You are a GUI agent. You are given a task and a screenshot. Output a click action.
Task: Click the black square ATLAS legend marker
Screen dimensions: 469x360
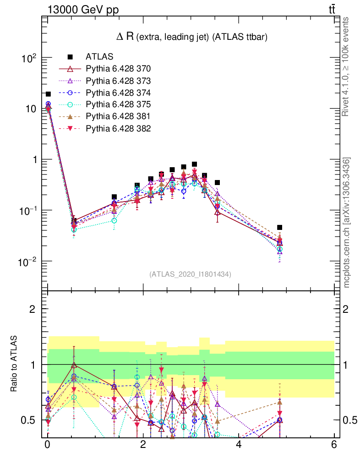70,57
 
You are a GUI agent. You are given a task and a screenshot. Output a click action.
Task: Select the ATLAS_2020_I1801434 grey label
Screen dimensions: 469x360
190,274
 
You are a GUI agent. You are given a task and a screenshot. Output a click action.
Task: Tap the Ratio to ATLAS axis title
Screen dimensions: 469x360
15,364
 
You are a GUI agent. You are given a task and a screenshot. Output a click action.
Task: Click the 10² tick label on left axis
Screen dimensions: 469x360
29,58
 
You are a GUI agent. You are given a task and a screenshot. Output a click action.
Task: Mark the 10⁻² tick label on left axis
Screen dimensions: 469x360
28,261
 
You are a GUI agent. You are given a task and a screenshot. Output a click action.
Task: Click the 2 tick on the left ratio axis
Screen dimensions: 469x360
33,309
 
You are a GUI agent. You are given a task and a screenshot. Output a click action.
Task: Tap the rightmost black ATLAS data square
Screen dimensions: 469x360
279,228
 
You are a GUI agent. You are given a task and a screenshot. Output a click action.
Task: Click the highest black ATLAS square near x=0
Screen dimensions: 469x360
48,94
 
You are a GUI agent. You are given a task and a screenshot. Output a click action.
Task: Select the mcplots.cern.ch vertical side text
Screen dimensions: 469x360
347,223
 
